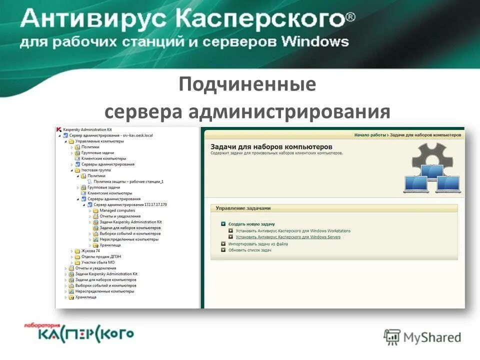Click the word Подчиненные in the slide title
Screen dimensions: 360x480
click(x=247, y=84)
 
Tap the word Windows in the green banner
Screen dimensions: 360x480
click(x=314, y=41)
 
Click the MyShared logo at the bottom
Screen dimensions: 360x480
click(x=422, y=337)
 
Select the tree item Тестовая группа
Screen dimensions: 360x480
click(x=92, y=170)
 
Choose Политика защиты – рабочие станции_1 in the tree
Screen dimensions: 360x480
click(x=128, y=181)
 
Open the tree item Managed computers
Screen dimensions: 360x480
click(x=117, y=210)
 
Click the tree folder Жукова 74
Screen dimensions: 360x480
click(x=91, y=250)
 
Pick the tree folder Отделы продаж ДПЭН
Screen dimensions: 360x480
click(x=101, y=256)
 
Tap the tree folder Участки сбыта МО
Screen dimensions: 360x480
click(x=98, y=262)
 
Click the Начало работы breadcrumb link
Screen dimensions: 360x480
click(x=370, y=135)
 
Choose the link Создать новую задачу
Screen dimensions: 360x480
click(x=251, y=224)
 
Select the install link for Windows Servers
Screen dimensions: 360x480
click(x=288, y=237)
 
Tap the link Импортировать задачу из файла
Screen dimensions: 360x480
click(x=258, y=244)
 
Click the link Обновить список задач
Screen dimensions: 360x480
click(x=249, y=250)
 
